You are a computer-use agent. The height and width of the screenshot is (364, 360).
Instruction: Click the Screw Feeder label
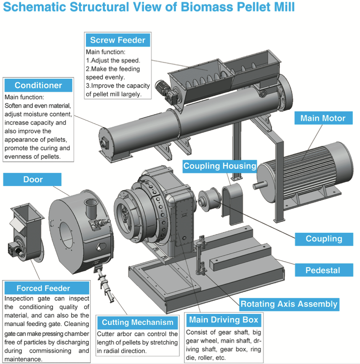point(117,40)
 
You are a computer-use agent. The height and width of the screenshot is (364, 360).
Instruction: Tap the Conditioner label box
point(38,85)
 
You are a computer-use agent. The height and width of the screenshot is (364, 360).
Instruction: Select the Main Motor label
point(323,118)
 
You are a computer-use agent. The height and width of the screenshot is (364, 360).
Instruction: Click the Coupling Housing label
point(220,166)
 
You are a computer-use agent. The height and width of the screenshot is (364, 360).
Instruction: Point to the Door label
point(33,180)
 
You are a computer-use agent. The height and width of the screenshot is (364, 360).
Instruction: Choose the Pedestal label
point(323,270)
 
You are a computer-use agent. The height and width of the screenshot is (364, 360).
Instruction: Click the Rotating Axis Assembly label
point(289,304)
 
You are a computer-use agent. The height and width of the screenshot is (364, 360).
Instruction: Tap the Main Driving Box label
point(224,320)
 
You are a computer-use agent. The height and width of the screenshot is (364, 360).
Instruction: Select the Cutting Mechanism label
point(138,323)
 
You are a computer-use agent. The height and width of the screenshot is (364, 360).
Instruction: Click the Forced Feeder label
point(43,288)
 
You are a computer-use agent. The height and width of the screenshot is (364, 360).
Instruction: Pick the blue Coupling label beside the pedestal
point(324,239)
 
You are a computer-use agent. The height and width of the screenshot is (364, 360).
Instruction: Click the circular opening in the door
point(68,227)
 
